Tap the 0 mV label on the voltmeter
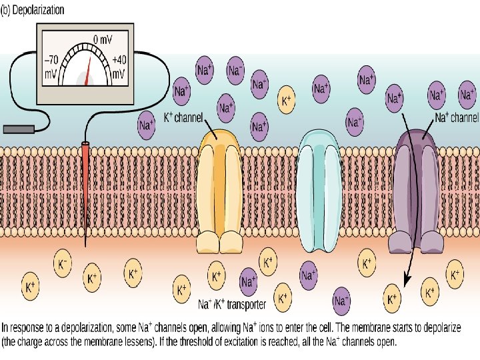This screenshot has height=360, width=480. point(102,39)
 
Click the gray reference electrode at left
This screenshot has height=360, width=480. point(18,127)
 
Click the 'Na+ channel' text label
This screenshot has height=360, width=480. point(457,118)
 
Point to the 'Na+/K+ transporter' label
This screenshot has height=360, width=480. point(233,305)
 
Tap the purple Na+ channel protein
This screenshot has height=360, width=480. point(417,190)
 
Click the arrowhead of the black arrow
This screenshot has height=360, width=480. point(406,281)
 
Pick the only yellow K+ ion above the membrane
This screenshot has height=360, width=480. point(287,101)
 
